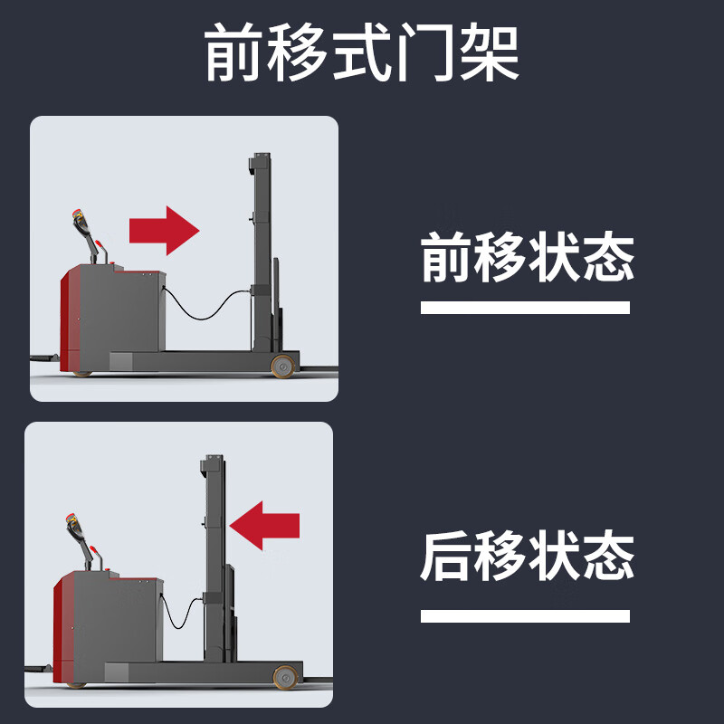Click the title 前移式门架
362,52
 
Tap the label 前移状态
528,257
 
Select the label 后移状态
528,556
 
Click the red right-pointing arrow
164,231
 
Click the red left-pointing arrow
264,526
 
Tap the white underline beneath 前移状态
525,308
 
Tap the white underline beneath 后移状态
525,616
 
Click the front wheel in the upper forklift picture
282,367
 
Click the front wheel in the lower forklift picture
285,677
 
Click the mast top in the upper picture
261,163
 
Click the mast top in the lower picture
212,465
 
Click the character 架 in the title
490,52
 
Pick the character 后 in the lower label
446,556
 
